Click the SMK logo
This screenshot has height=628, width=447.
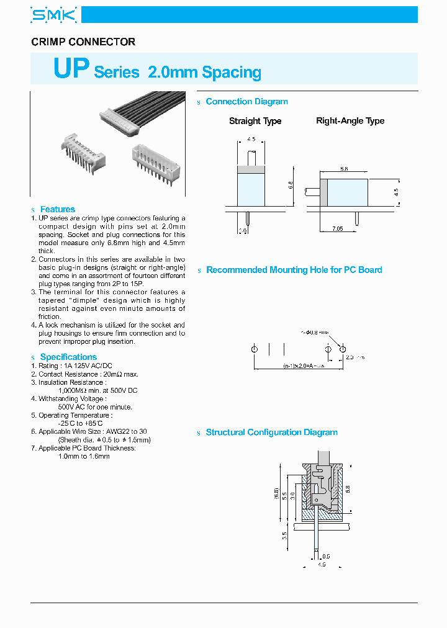pos(54,15)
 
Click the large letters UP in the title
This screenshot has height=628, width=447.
pos(72,69)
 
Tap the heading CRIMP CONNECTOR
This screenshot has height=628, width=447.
pos(83,42)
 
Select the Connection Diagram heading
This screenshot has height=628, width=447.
pos(246,102)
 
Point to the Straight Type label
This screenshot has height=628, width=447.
pos(255,121)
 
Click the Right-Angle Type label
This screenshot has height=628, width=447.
pos(350,121)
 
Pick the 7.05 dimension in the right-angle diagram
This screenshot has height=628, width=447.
pos(337,229)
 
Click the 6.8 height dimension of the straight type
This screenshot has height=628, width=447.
pos(291,185)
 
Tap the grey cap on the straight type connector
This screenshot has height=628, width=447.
pos(251,169)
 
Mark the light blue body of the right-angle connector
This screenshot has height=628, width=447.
pos(348,192)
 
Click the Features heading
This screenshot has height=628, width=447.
pos(57,210)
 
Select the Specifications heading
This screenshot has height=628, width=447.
pos(68,357)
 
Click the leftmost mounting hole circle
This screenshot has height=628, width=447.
pos(255,350)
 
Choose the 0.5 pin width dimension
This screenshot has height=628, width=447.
pos(327,556)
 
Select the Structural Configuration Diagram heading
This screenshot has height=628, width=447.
pos(271,433)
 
